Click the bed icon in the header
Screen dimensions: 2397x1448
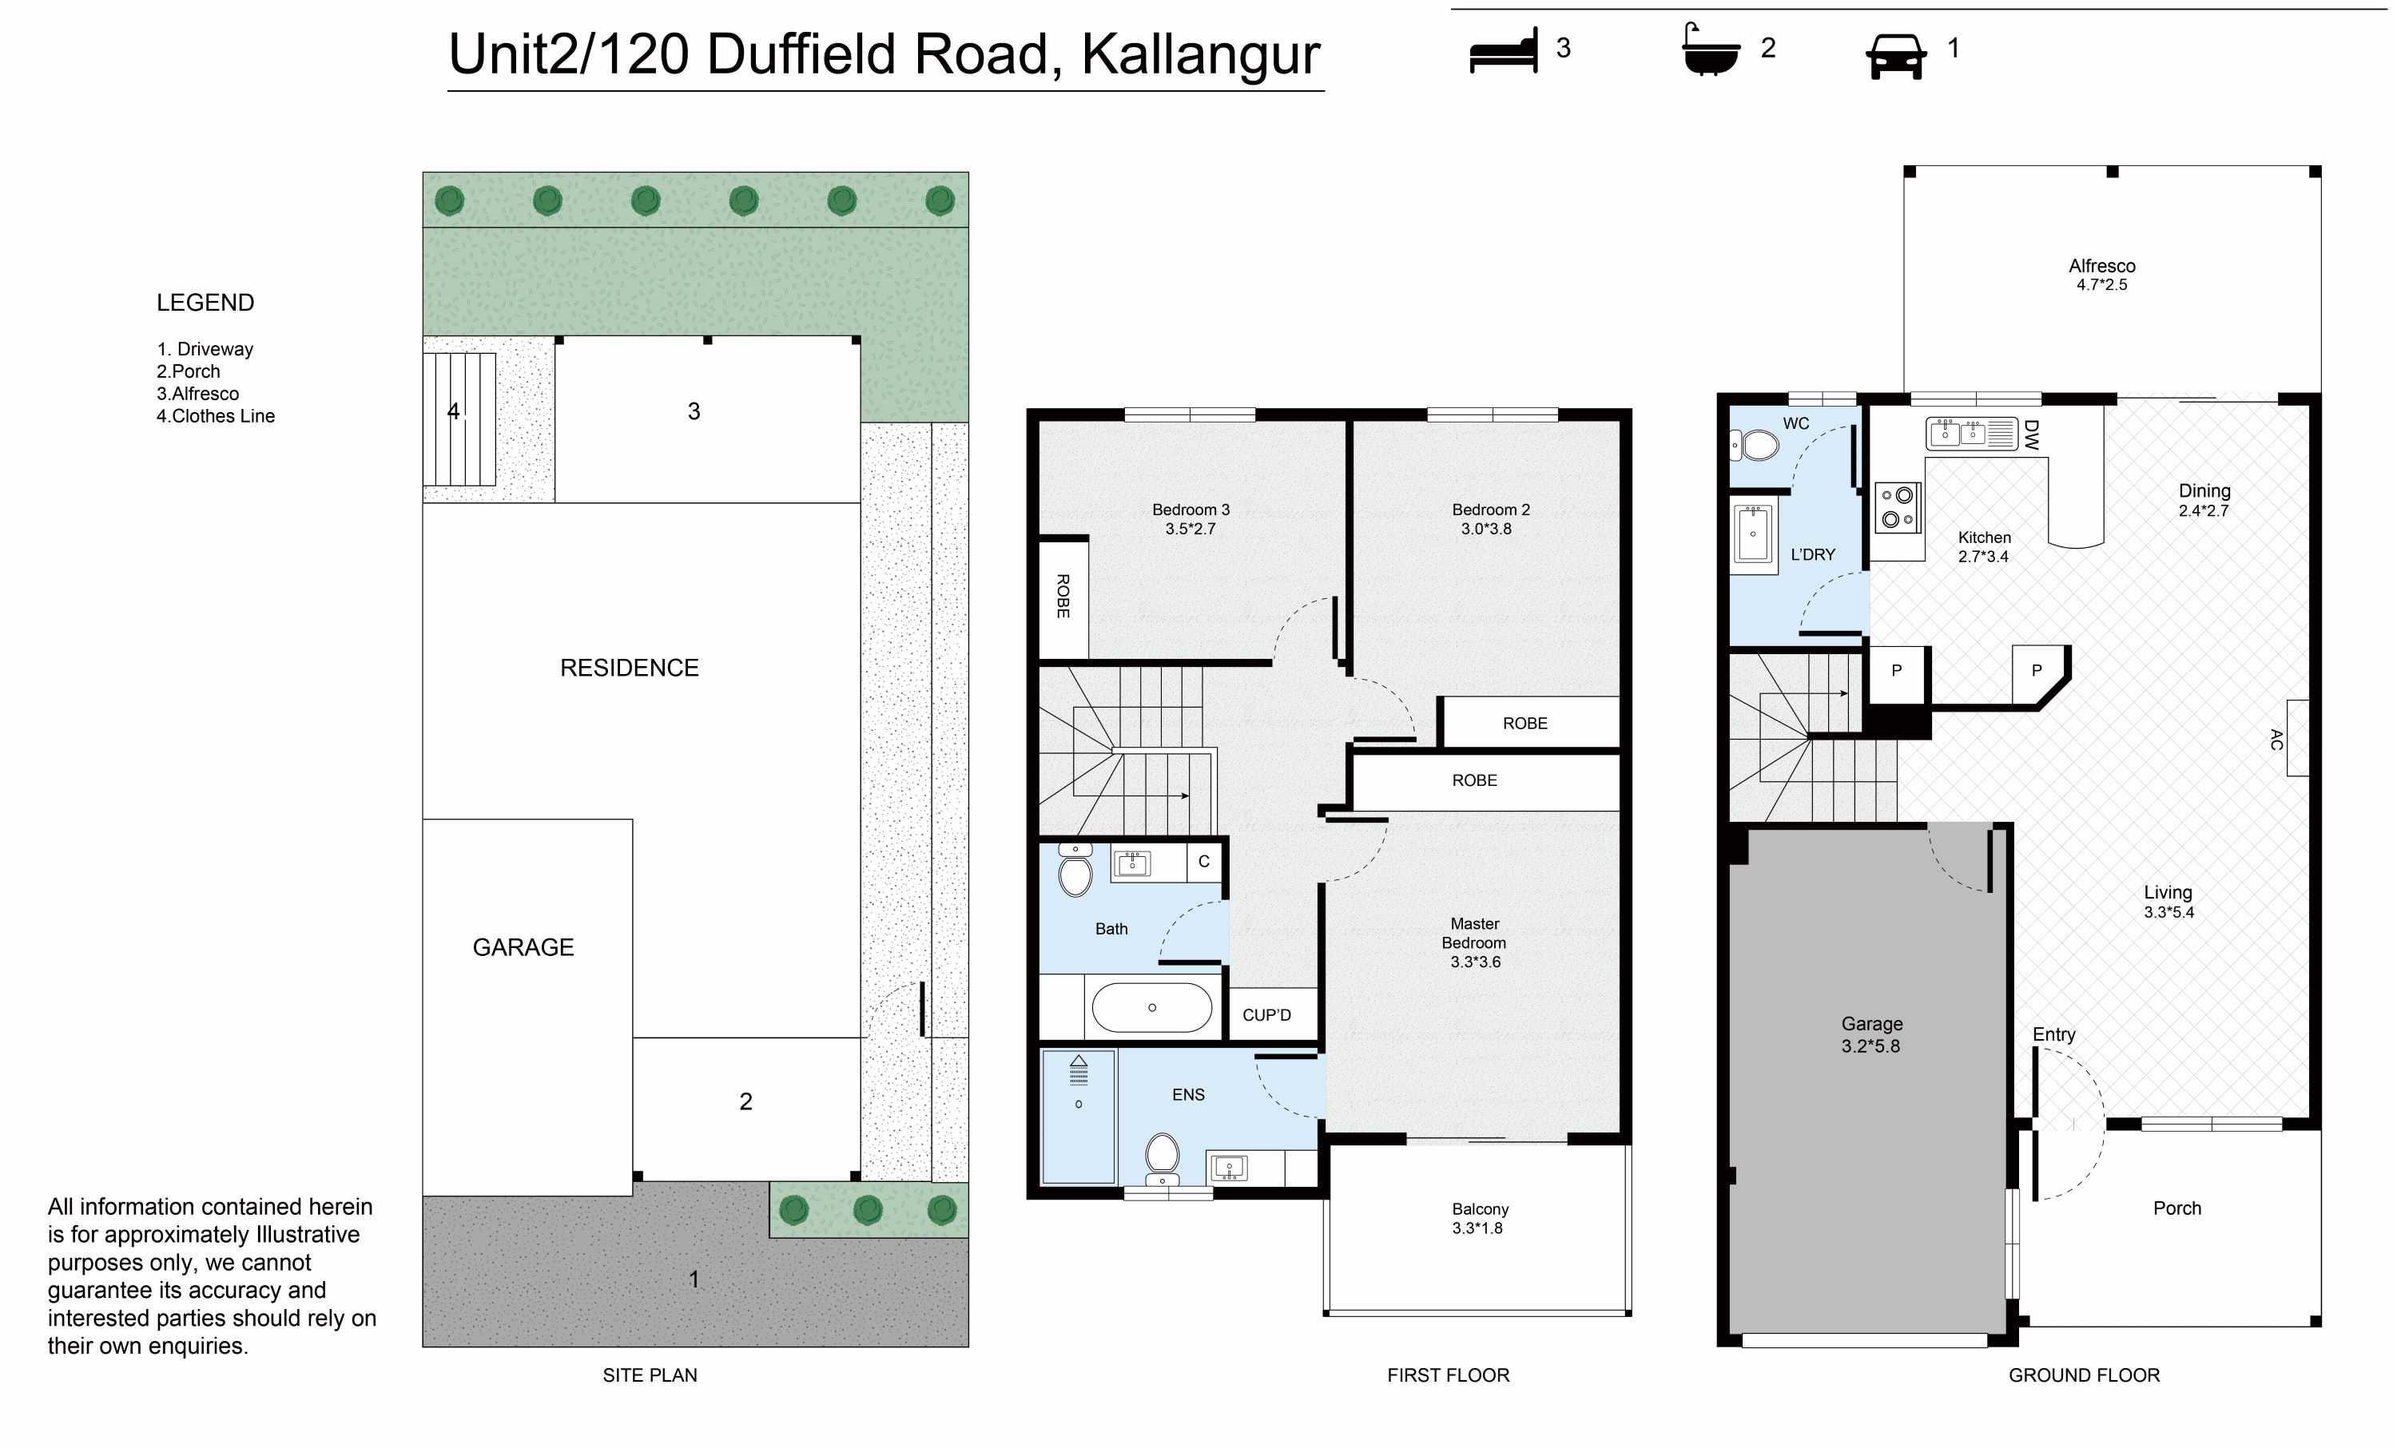(x=1504, y=50)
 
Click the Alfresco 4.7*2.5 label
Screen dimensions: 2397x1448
(x=2102, y=274)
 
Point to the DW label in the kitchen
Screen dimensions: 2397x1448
(x=2030, y=434)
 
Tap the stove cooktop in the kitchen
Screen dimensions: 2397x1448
(x=1898, y=506)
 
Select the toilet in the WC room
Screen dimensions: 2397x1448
(x=1754, y=446)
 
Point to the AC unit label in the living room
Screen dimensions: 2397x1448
(x=2276, y=739)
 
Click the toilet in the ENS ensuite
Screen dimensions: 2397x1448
(x=1163, y=1158)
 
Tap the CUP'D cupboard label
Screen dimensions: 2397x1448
(x=1266, y=1015)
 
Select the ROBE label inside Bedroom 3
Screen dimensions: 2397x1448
(x=1063, y=596)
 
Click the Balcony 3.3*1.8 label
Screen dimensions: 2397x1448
(x=1480, y=1219)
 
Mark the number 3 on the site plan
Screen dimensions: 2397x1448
(x=694, y=411)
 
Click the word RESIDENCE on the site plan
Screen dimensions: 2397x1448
(x=630, y=668)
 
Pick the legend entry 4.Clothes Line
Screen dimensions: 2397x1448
(x=216, y=416)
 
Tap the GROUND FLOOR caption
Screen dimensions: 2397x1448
(x=2084, y=1375)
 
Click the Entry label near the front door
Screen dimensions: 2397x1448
(x=2053, y=1035)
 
